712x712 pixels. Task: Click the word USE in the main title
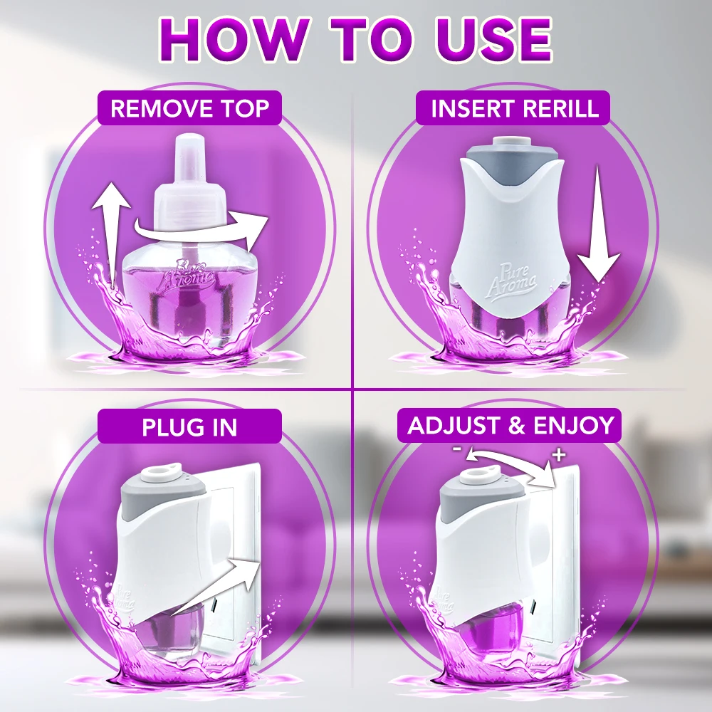click(x=494, y=39)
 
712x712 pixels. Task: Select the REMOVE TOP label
click(x=190, y=108)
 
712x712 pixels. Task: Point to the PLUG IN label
click(x=190, y=426)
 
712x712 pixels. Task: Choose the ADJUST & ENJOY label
click(x=511, y=426)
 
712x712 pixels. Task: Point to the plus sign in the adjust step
click(x=560, y=454)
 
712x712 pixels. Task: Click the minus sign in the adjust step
click(x=457, y=449)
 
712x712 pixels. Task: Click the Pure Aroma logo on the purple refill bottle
click(x=194, y=275)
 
